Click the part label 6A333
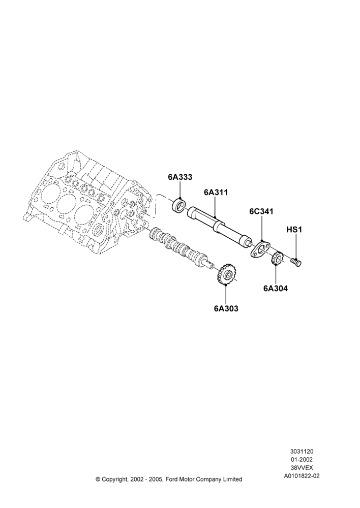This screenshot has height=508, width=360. [x=180, y=177]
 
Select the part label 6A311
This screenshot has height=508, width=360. [x=216, y=192]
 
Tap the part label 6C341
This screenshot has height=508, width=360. [x=261, y=211]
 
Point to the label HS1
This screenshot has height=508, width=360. [x=294, y=230]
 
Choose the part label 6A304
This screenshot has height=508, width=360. [x=276, y=288]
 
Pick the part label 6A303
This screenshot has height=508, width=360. [x=226, y=309]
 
